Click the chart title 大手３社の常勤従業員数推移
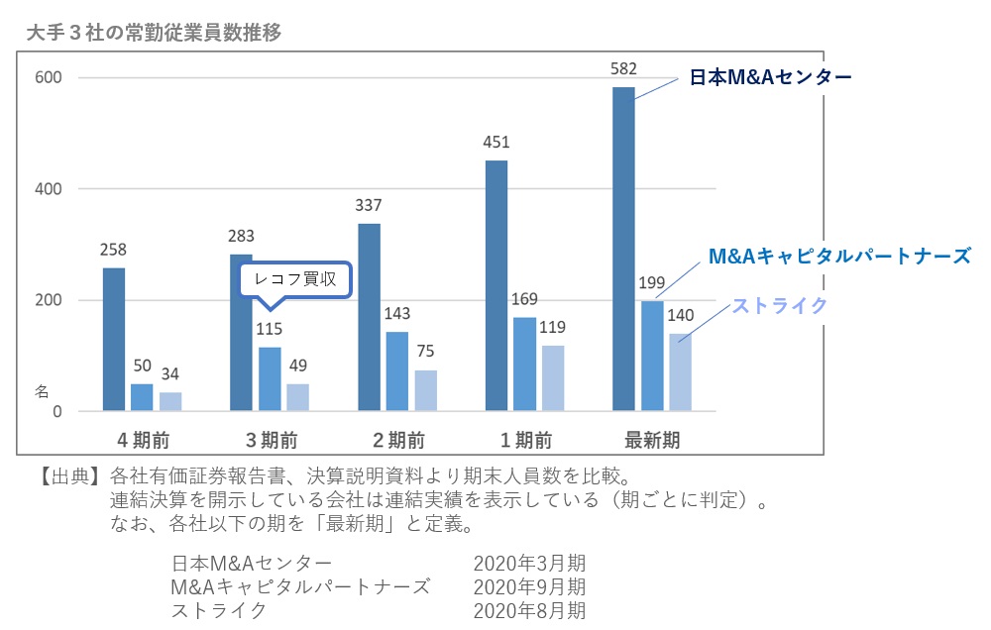coord(155,33)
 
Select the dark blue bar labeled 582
coord(623,248)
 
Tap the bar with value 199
coord(652,355)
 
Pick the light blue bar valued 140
coord(680,371)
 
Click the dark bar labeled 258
coord(114,339)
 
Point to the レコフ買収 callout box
coord(296,280)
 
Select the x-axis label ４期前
coord(142,439)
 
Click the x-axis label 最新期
coord(652,439)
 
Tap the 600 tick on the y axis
coord(47,78)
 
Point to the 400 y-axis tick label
coord(47,189)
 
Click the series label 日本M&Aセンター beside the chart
coord(771,76)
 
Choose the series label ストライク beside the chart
coord(779,305)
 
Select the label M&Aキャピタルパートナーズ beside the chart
coord(838,257)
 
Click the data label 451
coord(495,141)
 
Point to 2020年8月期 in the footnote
coord(529,610)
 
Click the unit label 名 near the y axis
coord(42,392)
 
